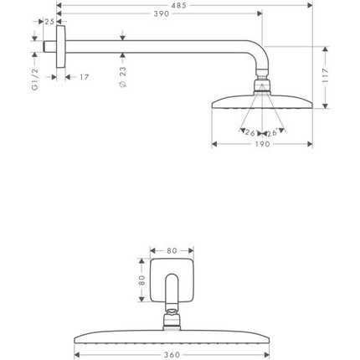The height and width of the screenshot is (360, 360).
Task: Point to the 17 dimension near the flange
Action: point(84,77)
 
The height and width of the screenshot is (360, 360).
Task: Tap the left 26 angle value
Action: point(249,131)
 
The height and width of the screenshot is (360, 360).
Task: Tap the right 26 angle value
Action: point(271,131)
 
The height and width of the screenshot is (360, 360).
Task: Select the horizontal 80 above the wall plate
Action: point(171,249)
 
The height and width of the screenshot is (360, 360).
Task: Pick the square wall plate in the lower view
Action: point(172,278)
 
